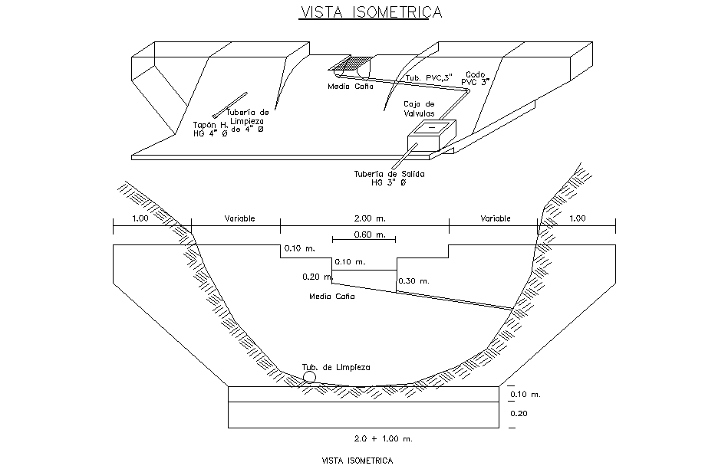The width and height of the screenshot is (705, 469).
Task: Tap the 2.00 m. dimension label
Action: (364, 218)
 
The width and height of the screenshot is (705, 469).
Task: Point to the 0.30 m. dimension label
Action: (413, 281)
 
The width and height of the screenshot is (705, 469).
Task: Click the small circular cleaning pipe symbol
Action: (308, 376)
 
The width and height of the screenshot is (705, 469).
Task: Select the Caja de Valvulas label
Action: (419, 109)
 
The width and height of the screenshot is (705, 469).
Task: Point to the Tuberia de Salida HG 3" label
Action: (389, 179)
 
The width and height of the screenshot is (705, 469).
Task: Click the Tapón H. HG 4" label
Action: (209, 128)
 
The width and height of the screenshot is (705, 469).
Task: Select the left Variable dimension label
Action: (239, 218)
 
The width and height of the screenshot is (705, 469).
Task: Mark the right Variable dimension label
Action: (496, 218)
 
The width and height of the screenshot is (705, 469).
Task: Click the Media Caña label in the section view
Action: (331, 296)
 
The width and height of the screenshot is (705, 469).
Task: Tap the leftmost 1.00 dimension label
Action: (140, 218)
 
